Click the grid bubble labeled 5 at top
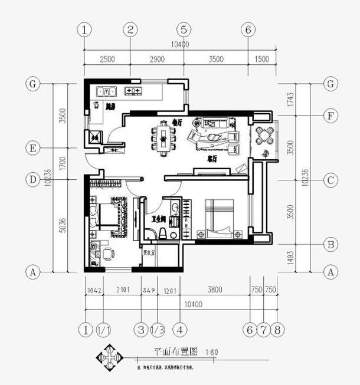tap(184, 29)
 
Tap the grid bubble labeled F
tap(331, 115)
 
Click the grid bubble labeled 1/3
tap(158, 329)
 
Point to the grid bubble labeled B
tap(331, 244)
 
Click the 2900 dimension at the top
tap(157, 59)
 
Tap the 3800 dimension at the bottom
tap(215, 289)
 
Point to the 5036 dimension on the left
tap(64, 225)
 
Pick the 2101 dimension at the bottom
tap(122, 289)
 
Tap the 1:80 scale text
tap(212, 353)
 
